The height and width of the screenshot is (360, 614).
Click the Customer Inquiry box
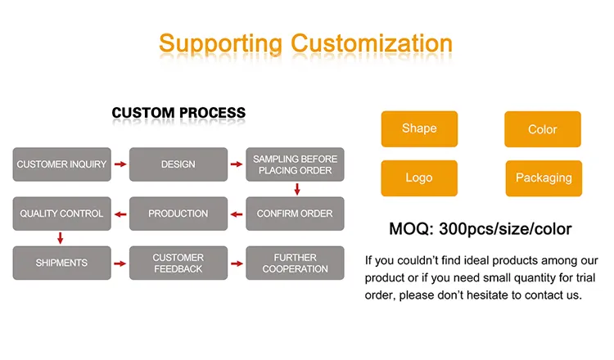click(62, 164)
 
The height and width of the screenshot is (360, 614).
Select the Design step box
click(178, 164)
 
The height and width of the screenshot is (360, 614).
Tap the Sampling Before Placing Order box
click(295, 164)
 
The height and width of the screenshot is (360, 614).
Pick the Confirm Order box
click(295, 214)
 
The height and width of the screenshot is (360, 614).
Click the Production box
click(178, 214)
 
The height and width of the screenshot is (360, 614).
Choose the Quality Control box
click(62, 214)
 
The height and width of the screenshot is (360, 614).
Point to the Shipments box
click(62, 263)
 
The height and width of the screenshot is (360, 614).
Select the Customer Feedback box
click(178, 263)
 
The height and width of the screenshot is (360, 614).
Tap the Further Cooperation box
click(295, 263)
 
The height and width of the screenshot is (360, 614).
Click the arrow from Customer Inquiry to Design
click(120, 164)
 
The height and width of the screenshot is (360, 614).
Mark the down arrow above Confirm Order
click(297, 189)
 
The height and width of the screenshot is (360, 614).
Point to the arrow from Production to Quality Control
click(120, 214)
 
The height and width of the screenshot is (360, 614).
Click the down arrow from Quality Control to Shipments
click(60, 238)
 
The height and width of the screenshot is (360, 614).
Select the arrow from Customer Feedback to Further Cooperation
click(237, 263)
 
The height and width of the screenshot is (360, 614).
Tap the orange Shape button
click(419, 129)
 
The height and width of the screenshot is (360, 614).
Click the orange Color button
click(543, 129)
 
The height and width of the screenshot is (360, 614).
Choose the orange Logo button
click(419, 178)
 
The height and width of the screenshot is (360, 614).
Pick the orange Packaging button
click(544, 178)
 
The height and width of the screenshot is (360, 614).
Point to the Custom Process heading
click(178, 113)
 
